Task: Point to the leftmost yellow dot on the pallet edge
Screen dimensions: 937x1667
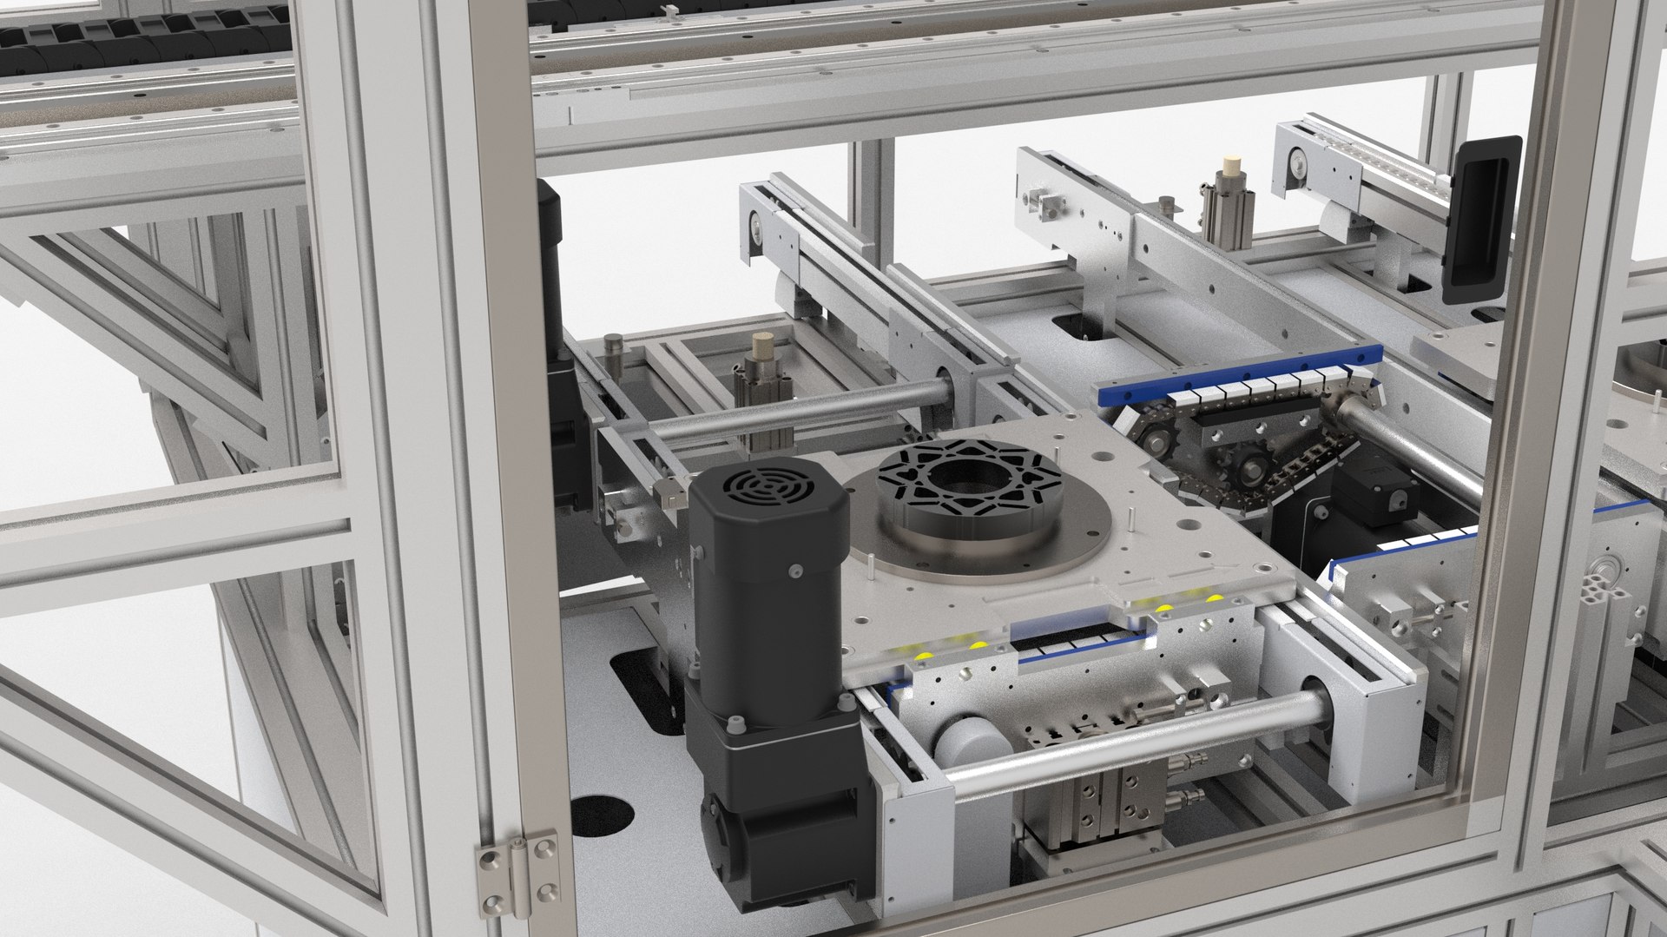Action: tap(926, 654)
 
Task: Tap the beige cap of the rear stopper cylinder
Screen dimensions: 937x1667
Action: tap(1229, 165)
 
